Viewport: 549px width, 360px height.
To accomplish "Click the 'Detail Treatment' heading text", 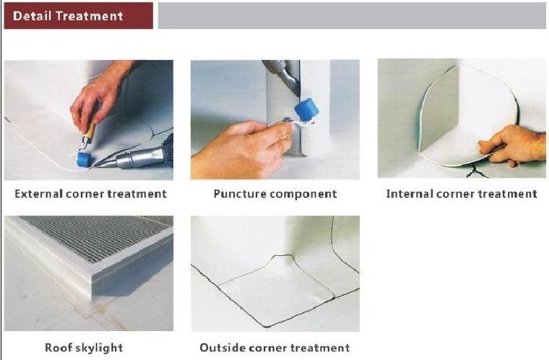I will tap(69, 16).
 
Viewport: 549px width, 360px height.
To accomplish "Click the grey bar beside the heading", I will tap(351, 16).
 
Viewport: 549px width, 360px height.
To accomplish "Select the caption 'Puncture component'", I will tap(275, 194).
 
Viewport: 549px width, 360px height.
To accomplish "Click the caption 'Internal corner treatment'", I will tap(462, 194).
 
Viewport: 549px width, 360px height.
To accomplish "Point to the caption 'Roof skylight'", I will tap(84, 348).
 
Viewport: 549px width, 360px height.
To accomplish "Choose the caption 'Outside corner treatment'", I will tap(274, 348).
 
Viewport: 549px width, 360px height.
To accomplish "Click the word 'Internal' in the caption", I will tap(410, 194).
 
